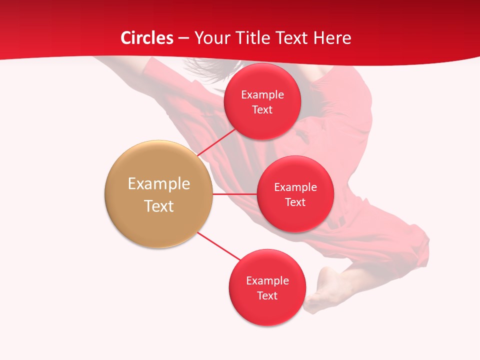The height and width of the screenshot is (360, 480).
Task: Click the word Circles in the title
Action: (146, 38)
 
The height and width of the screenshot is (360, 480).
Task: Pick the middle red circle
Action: (295, 217)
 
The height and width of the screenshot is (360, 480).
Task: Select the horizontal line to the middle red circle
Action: (234, 194)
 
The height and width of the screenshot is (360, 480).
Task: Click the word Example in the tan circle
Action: (159, 184)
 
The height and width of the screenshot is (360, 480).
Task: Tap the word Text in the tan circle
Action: (159, 206)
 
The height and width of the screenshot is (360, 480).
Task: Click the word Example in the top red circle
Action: (262, 95)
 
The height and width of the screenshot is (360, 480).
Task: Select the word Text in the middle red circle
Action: (295, 202)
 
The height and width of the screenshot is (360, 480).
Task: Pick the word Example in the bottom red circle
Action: (267, 281)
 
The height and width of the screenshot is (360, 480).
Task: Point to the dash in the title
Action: (183, 38)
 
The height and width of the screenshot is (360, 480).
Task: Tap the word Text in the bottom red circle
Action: (267, 295)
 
